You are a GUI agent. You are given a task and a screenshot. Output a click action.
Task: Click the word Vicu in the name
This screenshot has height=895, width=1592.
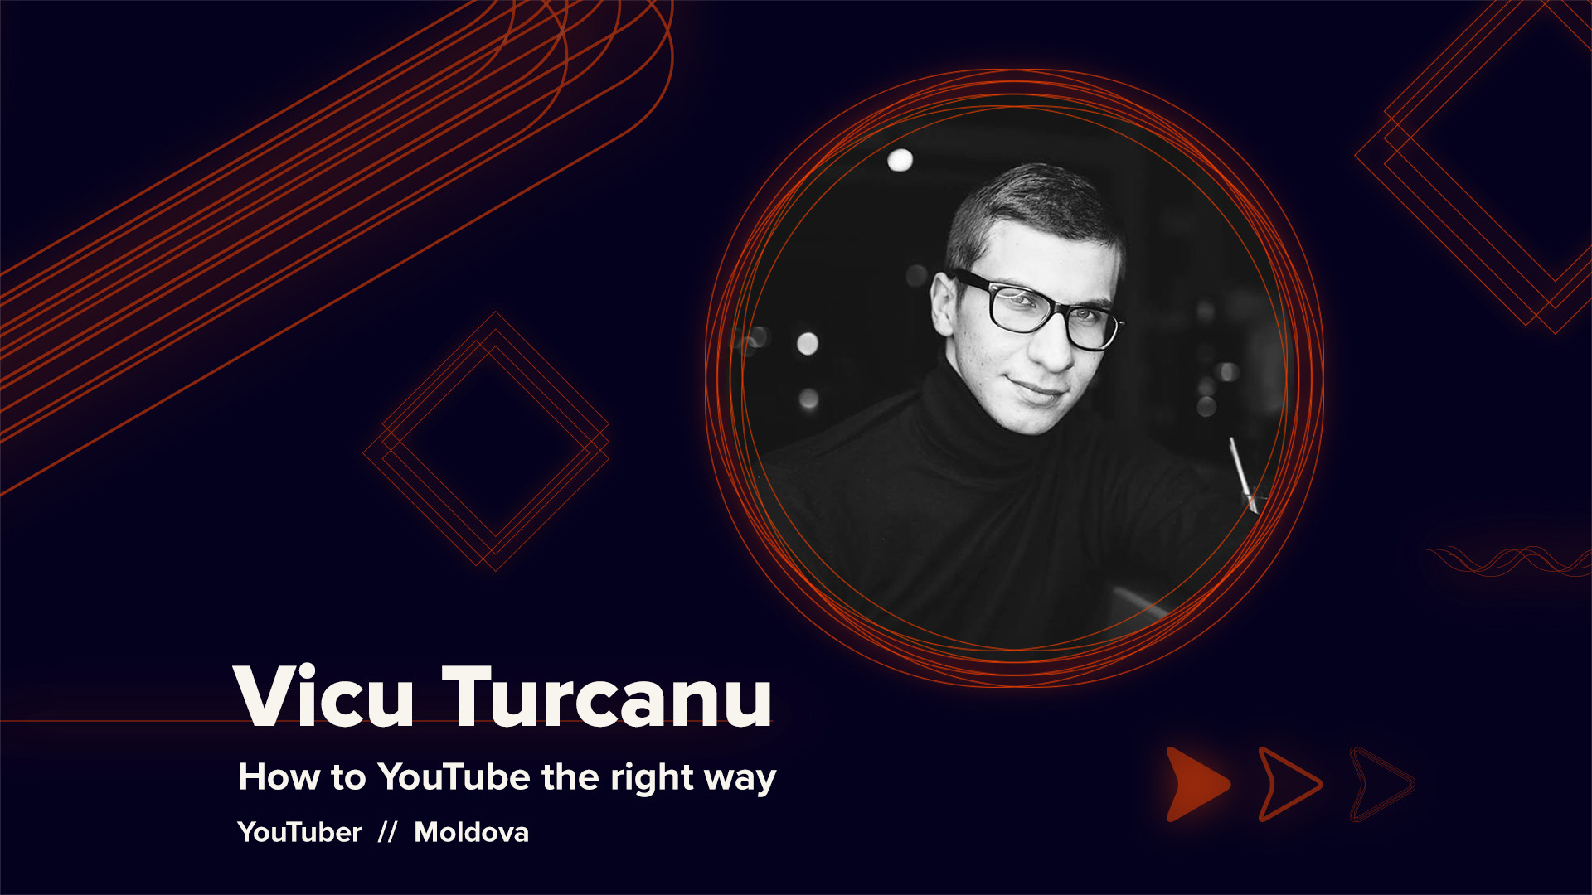click(323, 696)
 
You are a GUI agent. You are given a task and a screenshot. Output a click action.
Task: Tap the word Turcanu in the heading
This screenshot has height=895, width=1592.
click(608, 696)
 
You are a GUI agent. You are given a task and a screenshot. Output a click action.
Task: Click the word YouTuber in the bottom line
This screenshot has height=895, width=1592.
click(299, 832)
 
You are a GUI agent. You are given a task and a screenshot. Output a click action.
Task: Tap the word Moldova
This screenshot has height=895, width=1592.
click(471, 832)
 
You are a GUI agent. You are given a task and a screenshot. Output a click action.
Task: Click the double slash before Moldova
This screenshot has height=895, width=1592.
click(387, 832)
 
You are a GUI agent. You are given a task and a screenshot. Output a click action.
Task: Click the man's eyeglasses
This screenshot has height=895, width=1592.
click(1036, 310)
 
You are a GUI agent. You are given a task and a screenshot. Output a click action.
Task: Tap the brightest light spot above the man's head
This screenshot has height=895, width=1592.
click(900, 159)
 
